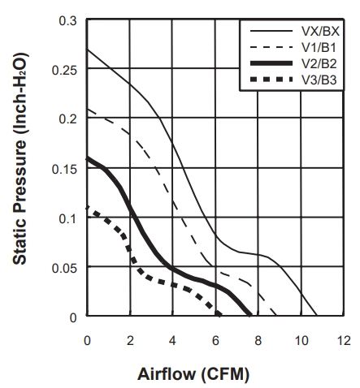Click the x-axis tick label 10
(301, 340)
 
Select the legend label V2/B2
(319, 63)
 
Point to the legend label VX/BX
(320, 32)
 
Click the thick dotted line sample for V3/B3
(271, 80)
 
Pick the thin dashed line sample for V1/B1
(271, 47)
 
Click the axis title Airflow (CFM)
(193, 374)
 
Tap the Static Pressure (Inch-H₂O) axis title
(20, 158)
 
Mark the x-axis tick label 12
(344, 340)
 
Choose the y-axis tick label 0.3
(67, 21)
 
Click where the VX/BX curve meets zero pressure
(316, 315)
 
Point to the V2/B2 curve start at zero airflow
(87, 158)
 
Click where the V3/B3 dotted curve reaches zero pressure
(220, 315)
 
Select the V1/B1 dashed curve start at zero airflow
(87, 109)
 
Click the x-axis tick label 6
(215, 340)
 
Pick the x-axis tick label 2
(130, 340)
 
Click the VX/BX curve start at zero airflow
(87, 50)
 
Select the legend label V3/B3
(319, 80)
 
